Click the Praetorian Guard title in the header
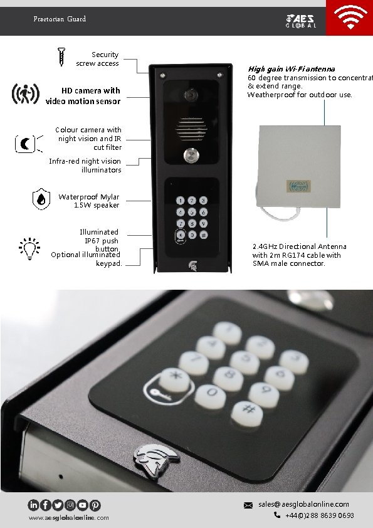coord(60,19)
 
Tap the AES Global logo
coord(302,21)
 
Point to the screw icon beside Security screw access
coord(62,56)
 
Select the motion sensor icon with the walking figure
coord(24,94)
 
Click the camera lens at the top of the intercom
coord(190,95)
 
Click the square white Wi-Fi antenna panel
coord(300,167)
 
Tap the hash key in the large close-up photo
coord(248,411)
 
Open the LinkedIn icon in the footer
coord(33,505)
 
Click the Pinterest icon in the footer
coord(95,505)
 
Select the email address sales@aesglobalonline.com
coord(303,504)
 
